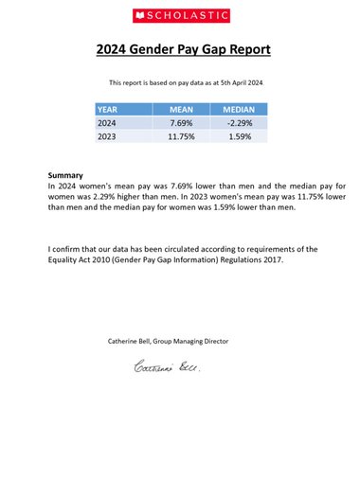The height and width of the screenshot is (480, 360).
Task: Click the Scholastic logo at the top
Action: click(180, 16)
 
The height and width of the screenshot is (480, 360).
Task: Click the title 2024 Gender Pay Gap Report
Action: click(180, 50)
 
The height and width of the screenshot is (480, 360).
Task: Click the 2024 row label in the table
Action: click(108, 123)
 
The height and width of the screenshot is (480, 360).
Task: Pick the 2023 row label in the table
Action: click(108, 137)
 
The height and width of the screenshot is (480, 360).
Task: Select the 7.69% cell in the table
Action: click(181, 123)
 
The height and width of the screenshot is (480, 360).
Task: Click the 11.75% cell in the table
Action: click(181, 137)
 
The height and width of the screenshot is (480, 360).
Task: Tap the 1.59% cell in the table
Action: click(242, 137)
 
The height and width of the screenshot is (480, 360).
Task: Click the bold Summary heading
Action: click(65, 175)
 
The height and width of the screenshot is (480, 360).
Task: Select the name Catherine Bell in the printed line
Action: click(133, 341)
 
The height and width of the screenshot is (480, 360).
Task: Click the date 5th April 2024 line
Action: click(233, 83)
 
